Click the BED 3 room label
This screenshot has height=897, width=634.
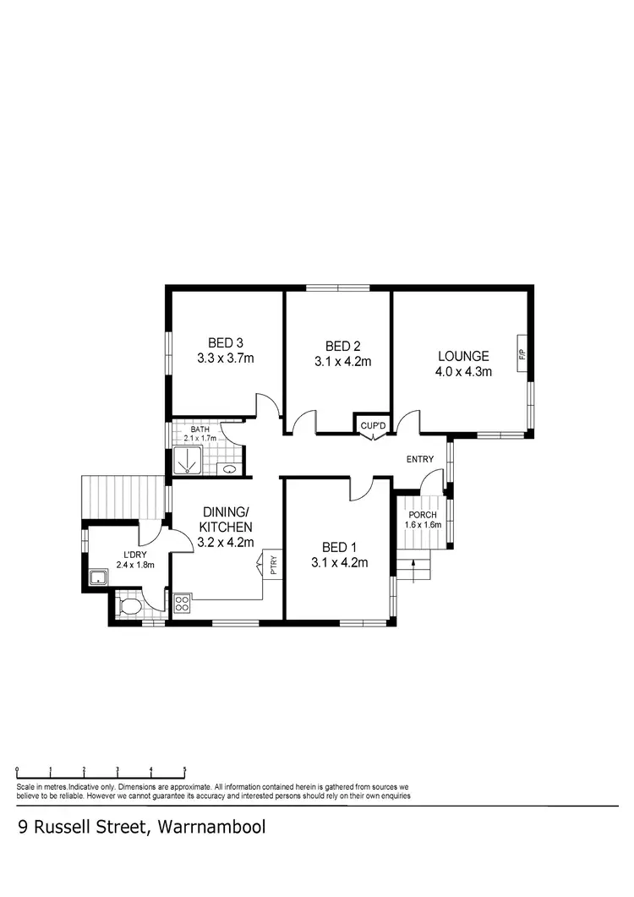click(x=226, y=342)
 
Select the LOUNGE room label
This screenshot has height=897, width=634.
click(x=462, y=356)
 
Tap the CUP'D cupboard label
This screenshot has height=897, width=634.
click(x=373, y=424)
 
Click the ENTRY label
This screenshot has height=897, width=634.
click(x=420, y=460)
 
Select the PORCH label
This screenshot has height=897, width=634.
click(x=422, y=516)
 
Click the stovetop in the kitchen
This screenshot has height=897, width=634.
click(x=182, y=603)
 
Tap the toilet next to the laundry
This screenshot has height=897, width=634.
click(x=129, y=606)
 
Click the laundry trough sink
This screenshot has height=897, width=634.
click(x=98, y=578)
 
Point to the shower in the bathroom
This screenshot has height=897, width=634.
click(x=186, y=461)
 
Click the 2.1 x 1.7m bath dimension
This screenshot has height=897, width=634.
click(x=200, y=439)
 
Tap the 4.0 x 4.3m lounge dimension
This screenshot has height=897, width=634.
click(x=463, y=370)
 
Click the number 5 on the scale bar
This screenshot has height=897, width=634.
click(x=184, y=770)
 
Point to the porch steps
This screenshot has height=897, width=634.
click(x=415, y=566)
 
